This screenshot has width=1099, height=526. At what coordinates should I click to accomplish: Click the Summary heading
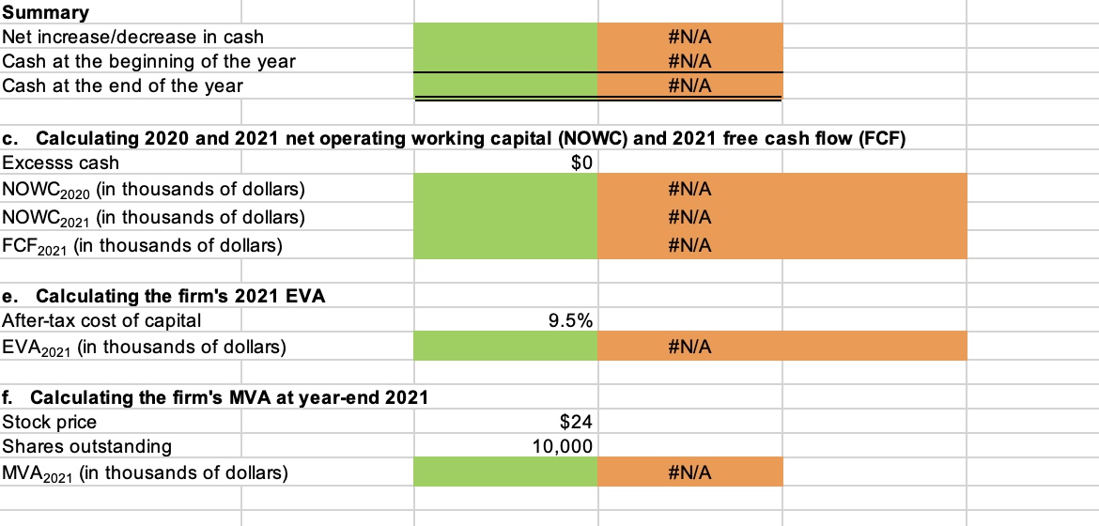click(46, 12)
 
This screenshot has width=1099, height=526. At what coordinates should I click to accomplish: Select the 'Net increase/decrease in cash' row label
click(133, 37)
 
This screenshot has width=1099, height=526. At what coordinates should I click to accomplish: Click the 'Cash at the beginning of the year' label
click(149, 61)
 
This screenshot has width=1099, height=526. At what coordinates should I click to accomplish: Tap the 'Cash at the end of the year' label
click(123, 85)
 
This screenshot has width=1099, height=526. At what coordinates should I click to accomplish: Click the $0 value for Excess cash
click(581, 162)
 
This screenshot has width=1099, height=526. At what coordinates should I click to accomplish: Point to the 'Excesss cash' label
click(61, 162)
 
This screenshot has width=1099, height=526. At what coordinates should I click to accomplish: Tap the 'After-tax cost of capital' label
click(101, 320)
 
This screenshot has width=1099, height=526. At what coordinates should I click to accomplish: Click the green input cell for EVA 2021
click(505, 348)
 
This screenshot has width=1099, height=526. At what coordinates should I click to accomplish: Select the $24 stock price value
click(578, 422)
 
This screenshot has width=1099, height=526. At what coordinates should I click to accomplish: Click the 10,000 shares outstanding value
click(562, 446)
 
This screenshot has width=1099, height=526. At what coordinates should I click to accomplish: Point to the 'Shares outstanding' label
click(87, 446)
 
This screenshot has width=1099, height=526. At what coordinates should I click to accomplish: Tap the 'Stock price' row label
click(50, 422)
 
